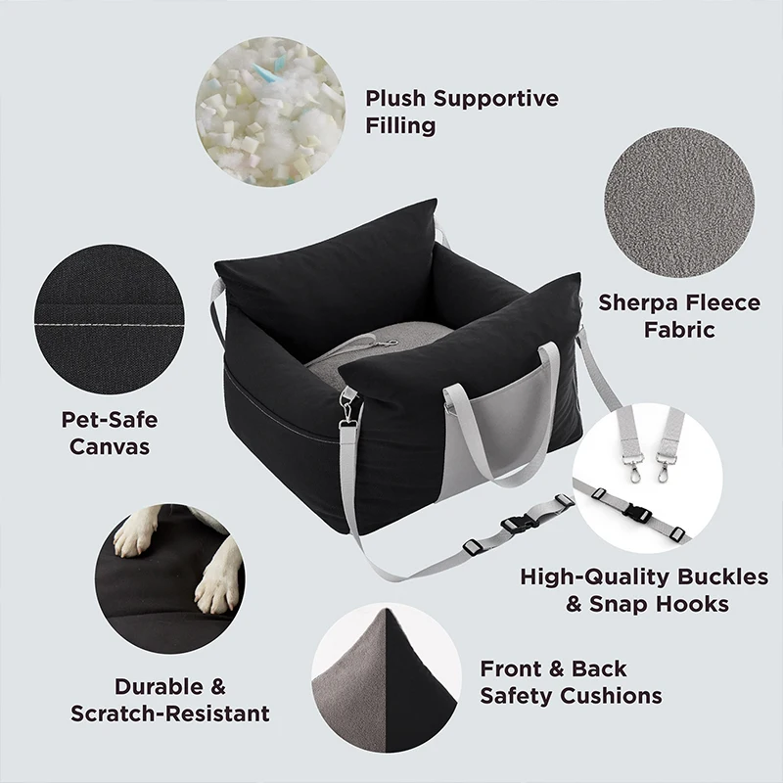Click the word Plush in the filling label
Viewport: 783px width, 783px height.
[395, 99]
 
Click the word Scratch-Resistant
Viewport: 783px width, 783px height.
[170, 714]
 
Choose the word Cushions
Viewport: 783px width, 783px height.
[612, 696]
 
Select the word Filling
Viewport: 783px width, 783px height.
[400, 126]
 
